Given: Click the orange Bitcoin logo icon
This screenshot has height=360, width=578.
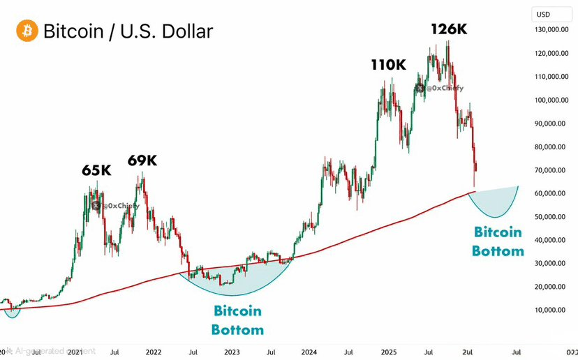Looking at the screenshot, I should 27,31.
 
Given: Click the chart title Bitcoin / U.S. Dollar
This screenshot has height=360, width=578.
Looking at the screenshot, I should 128,31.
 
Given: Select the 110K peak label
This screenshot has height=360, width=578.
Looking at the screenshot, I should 388,66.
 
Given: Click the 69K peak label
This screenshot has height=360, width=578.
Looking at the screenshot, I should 142,160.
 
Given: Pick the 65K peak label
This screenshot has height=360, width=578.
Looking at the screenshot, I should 96,170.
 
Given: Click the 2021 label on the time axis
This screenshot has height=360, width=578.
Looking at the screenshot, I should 75,352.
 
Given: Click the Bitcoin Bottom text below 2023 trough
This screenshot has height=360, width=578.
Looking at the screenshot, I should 238,319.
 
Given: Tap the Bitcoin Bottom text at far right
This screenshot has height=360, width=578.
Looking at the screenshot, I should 498,241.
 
